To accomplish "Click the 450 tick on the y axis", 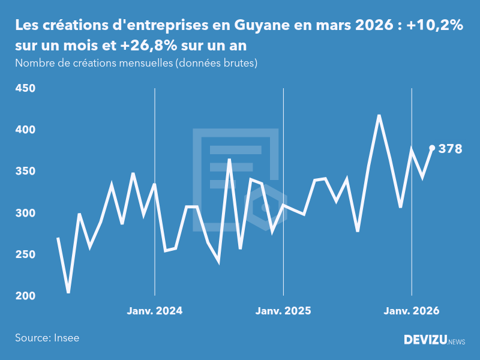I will coord(25,89).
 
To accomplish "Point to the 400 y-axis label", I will coord(25,130).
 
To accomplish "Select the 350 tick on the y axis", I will coord(25,172).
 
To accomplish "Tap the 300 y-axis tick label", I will coord(25,214).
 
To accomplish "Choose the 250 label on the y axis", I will coord(25,255).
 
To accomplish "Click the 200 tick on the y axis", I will coord(25,296).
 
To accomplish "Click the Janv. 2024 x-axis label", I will coord(155,311).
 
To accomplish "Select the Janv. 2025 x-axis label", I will coord(283,311).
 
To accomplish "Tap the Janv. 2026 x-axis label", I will coord(412,311).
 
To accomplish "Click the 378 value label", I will coord(450,149).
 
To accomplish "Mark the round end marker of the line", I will coord(432,148).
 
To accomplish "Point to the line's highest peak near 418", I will coord(379,115).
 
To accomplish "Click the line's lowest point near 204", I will coord(68,292).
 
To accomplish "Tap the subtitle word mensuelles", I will coord(143,63).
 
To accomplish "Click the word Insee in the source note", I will coord(66,338).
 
